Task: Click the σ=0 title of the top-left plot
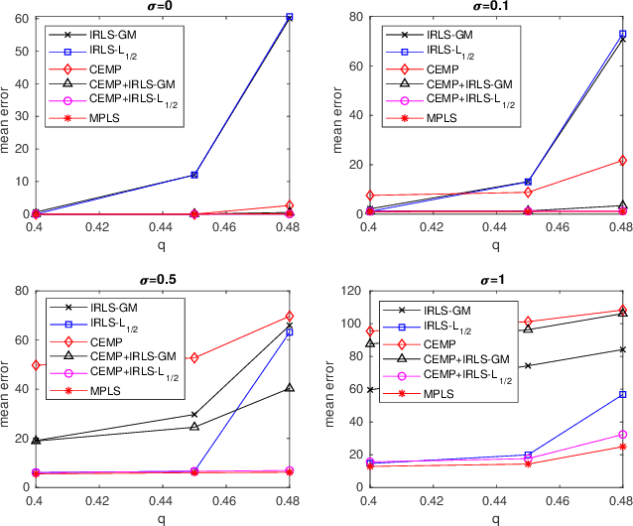tap(166, 7)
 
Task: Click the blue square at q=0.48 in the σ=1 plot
tap(623, 395)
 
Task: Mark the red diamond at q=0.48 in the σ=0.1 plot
tap(623, 160)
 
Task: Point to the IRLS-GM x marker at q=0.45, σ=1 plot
tap(528, 365)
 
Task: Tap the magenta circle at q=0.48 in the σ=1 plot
tap(623, 435)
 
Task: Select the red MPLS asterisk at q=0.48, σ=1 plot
tap(623, 447)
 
